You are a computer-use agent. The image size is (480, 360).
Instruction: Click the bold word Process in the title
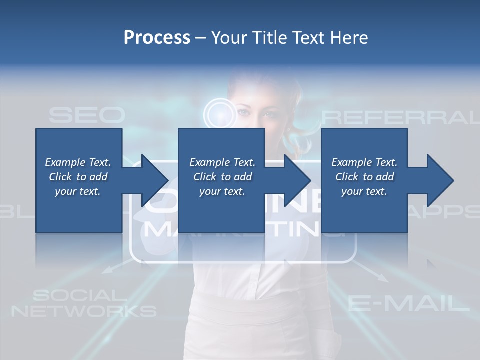click(x=157, y=38)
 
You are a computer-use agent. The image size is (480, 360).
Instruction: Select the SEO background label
click(x=86, y=116)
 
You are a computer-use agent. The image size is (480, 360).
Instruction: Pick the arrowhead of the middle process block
click(x=297, y=180)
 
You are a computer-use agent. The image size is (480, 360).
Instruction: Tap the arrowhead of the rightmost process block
click(x=440, y=180)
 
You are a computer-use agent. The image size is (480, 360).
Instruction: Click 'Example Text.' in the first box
click(x=78, y=162)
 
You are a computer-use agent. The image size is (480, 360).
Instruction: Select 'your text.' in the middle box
click(x=222, y=191)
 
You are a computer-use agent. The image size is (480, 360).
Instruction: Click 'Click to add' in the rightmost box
click(x=364, y=177)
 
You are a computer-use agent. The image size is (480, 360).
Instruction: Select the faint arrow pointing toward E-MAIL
click(x=375, y=273)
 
